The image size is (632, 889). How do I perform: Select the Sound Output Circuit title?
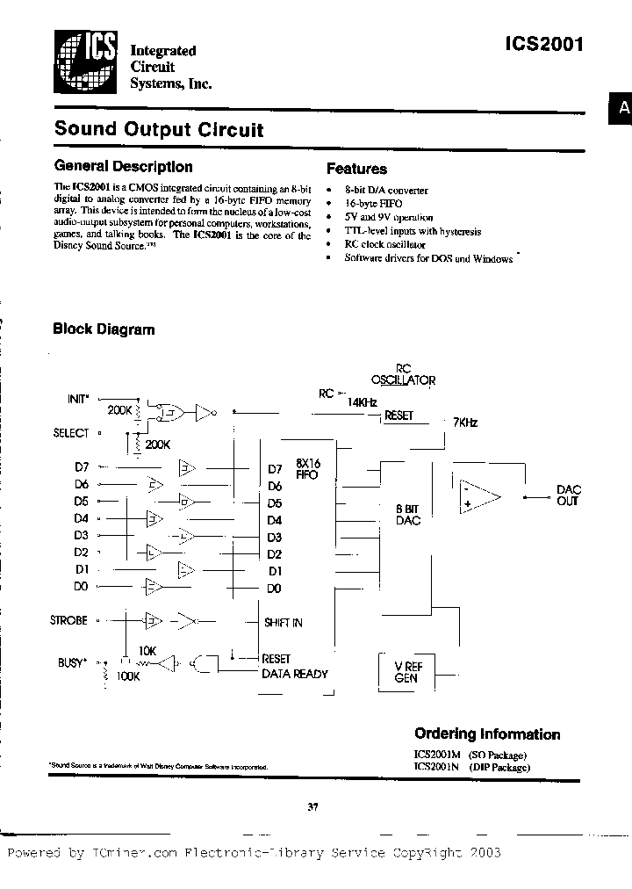tap(159, 129)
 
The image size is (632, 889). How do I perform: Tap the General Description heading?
tap(123, 166)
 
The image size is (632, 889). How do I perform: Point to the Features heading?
tap(356, 169)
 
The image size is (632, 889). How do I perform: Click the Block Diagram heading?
tap(104, 329)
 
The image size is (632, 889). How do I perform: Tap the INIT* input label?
tap(77, 399)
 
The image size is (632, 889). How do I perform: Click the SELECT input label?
tap(71, 432)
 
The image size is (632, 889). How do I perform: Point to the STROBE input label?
tap(69, 620)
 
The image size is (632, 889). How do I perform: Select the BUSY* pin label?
tap(71, 662)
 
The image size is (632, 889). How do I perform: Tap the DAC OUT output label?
tap(569, 495)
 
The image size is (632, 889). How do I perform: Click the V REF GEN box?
tap(406, 672)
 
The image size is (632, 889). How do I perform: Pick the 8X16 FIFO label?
tap(307, 468)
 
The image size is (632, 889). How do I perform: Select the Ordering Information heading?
tap(486, 734)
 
